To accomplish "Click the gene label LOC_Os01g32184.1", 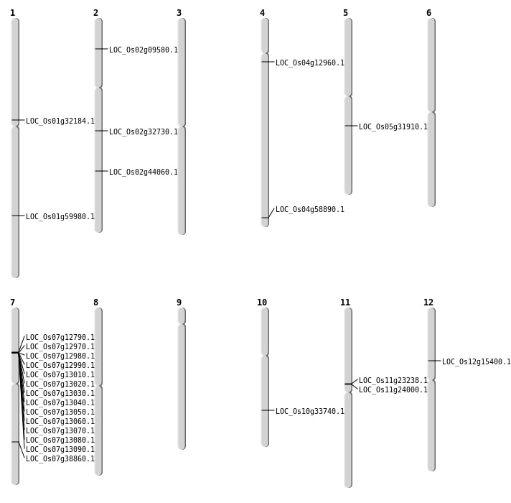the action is [x=60, y=121].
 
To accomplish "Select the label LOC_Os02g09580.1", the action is [x=144, y=50].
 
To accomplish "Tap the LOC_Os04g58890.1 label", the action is [x=310, y=209].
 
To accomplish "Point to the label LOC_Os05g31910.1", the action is [x=393, y=127].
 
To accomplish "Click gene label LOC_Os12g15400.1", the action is [x=477, y=361].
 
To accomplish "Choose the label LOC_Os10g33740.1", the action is [x=310, y=411].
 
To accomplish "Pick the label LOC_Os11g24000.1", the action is [x=393, y=389].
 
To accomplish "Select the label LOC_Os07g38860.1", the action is [x=60, y=459].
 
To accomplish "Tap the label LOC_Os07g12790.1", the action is [x=60, y=337].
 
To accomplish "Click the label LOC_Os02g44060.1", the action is [x=144, y=172].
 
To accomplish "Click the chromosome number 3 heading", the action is [x=179, y=13].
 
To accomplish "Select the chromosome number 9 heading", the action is [x=179, y=303].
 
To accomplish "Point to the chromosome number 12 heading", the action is [x=428, y=303].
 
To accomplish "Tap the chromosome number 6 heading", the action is [x=429, y=13].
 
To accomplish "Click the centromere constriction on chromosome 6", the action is [x=431, y=112].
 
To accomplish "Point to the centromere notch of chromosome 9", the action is [x=182, y=324].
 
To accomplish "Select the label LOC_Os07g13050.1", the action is [x=60, y=412].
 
